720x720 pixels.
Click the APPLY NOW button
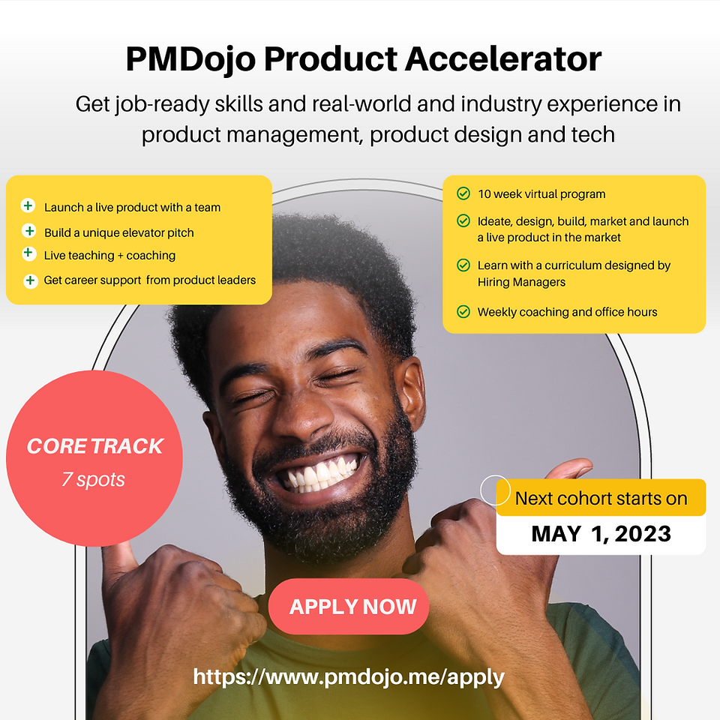pos(349,606)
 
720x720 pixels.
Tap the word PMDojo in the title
pos(190,60)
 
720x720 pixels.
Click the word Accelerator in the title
pos(502,59)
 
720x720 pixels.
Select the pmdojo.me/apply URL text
pos(349,677)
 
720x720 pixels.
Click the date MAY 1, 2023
pos(601,534)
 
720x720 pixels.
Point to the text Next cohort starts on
pos(601,499)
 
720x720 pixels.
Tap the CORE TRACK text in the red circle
pos(95,446)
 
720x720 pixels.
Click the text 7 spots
pos(93,479)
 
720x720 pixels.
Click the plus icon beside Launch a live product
pos(28,205)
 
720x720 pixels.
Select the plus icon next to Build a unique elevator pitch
pos(29,230)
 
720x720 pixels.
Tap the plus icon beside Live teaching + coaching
pos(28,253)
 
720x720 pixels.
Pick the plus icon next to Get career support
pos(30,280)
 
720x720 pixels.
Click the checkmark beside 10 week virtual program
pos(463,193)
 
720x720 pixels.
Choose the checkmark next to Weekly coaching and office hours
pos(463,312)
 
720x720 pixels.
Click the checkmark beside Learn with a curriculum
pos(463,265)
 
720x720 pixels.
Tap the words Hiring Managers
pos(521,282)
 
